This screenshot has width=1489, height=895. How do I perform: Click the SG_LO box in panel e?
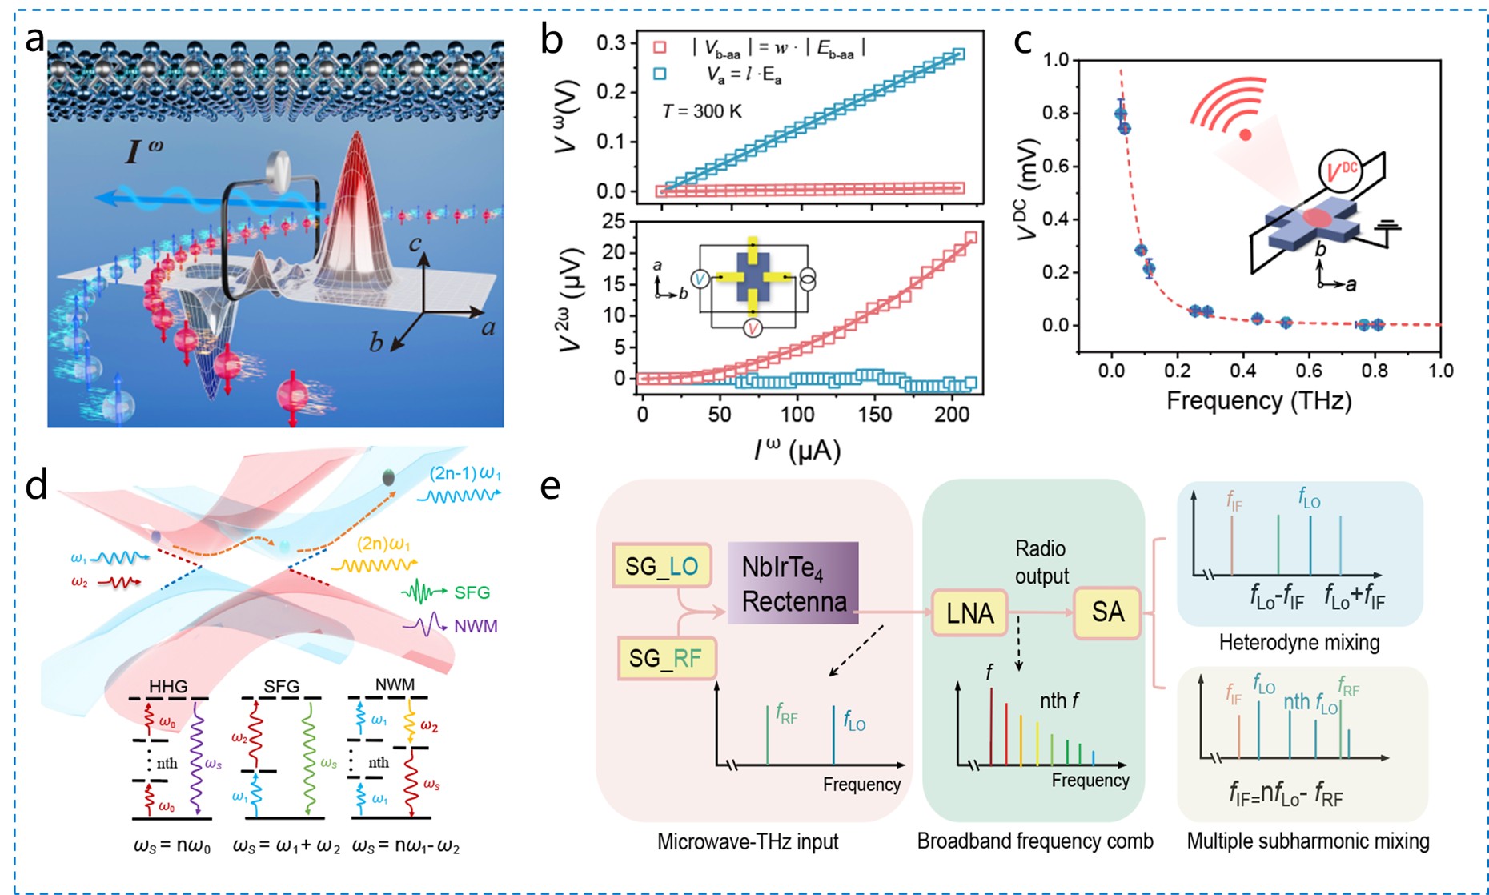click(x=661, y=566)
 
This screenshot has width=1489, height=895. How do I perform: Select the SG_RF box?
click(x=666, y=658)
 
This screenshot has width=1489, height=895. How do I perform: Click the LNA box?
click(x=969, y=613)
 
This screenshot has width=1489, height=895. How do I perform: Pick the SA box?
click(x=1107, y=612)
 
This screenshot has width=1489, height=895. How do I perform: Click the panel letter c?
click(x=1022, y=42)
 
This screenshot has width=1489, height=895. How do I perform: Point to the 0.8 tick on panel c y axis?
click(x=1056, y=113)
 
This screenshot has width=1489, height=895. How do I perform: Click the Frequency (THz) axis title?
click(x=1258, y=400)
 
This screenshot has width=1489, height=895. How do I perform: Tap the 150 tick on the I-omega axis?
click(x=874, y=415)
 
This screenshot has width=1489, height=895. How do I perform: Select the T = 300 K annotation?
click(x=702, y=111)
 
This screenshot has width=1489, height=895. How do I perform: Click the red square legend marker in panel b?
click(x=660, y=48)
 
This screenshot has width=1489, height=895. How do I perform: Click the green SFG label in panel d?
click(x=472, y=592)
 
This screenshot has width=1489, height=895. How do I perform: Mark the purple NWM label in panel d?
click(x=476, y=626)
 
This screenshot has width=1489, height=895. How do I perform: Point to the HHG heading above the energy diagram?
click(x=168, y=686)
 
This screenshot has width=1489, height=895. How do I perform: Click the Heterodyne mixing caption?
click(x=1299, y=642)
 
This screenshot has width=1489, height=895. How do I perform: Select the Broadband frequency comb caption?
click(x=1034, y=841)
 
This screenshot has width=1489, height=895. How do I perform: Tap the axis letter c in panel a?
click(x=415, y=243)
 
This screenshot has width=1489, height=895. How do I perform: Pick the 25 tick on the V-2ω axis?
click(x=613, y=221)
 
